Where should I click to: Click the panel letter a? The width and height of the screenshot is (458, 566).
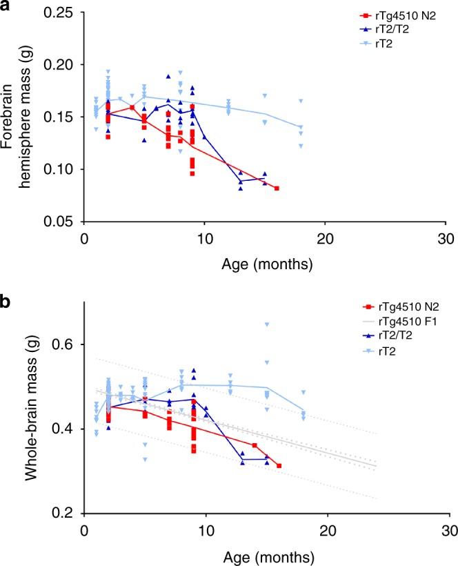(8, 6)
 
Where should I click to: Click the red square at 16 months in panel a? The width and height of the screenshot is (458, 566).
(277, 188)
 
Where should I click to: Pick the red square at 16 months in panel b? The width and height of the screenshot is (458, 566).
(279, 466)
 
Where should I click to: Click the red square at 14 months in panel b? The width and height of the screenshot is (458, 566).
(255, 445)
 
